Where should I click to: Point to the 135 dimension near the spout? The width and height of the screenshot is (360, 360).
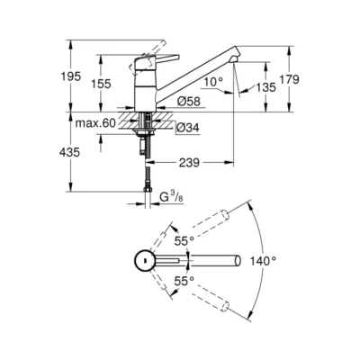click(x=265, y=87)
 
